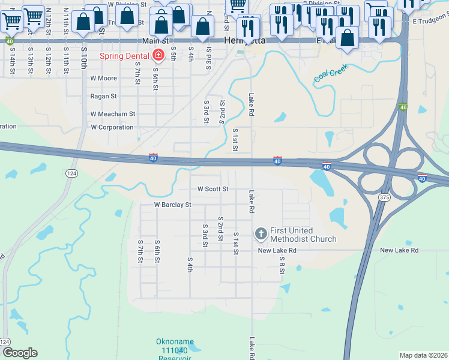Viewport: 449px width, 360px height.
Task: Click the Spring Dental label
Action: (x=125, y=56)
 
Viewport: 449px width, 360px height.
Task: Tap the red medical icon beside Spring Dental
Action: (x=158, y=56)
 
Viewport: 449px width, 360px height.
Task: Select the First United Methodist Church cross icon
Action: (x=261, y=232)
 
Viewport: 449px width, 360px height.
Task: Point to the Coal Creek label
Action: (x=331, y=73)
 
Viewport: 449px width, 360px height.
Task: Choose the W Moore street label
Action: (x=103, y=79)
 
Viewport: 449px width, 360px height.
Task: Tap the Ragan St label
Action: (x=103, y=96)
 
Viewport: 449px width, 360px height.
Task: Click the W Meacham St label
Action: (x=113, y=113)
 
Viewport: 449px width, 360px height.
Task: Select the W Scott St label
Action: (x=213, y=189)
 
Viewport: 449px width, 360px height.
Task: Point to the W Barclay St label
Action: (x=172, y=205)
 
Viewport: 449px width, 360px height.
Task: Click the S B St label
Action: (x=282, y=265)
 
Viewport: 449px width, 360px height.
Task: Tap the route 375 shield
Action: (x=385, y=197)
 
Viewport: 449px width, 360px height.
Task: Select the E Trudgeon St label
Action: (x=430, y=21)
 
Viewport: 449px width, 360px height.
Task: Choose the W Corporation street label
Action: (x=112, y=127)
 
